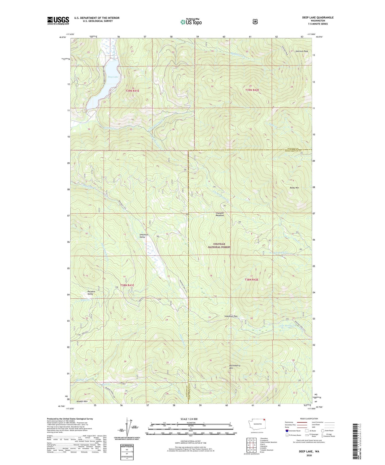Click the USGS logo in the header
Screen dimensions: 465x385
click(x=58, y=21)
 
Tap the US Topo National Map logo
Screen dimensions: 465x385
click(x=191, y=22)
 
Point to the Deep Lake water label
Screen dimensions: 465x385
click(x=113, y=77)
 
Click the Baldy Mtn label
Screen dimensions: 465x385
click(x=294, y=188)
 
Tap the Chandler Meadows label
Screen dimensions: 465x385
click(x=220, y=214)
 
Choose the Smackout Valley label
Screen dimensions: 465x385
click(x=144, y=236)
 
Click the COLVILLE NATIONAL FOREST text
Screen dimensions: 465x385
click(x=219, y=246)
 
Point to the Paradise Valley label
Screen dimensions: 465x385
click(x=91, y=293)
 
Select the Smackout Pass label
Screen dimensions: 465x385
click(x=231, y=316)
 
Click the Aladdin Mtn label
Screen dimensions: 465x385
click(x=82, y=401)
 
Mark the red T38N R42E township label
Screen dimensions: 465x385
click(x=252, y=280)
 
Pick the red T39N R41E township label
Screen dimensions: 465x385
click(x=132, y=91)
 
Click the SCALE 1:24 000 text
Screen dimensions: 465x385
click(x=189, y=419)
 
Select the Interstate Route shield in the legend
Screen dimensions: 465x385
click(x=287, y=431)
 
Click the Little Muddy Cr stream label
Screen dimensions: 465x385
click(x=287, y=325)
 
